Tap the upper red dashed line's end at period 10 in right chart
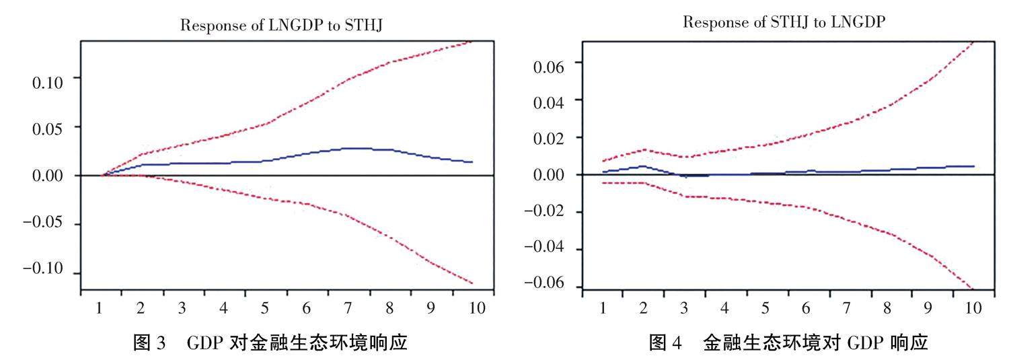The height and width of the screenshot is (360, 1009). pyautogui.click(x=973, y=42)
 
